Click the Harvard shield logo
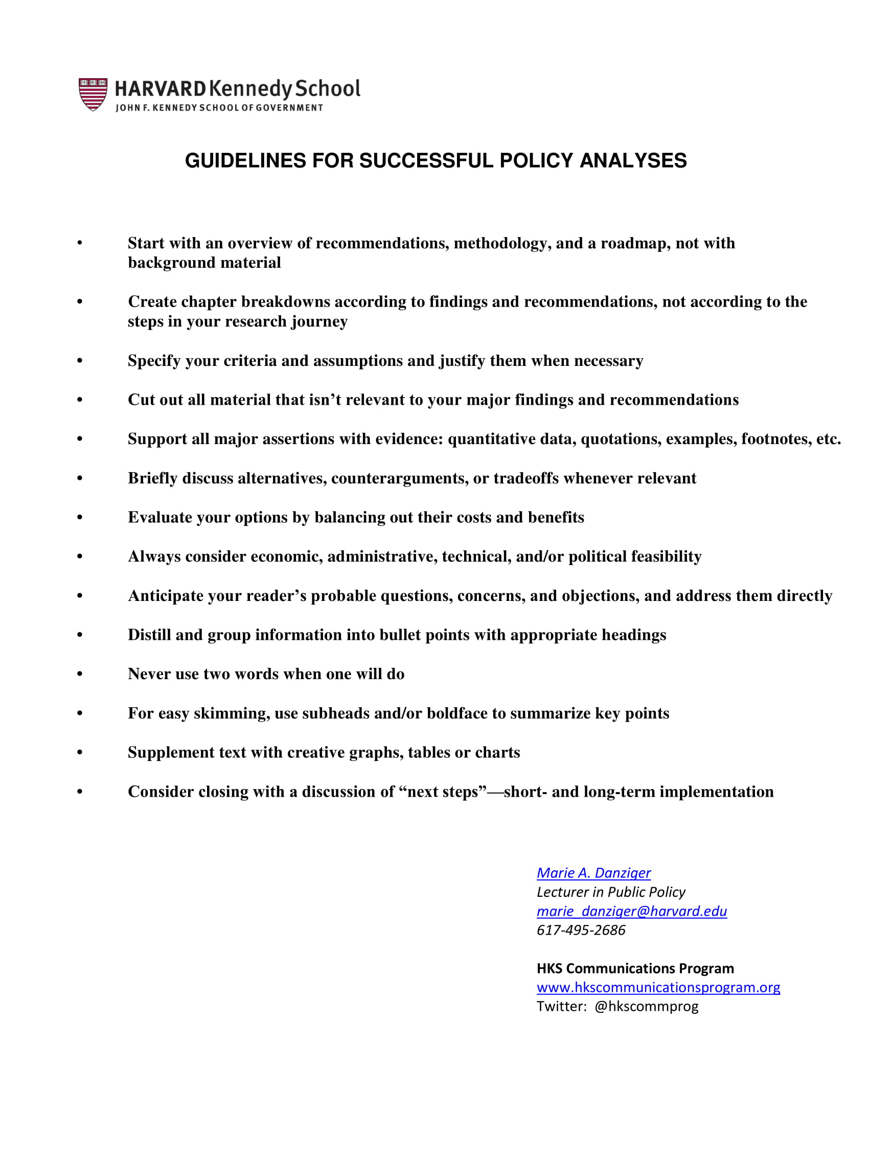(93, 95)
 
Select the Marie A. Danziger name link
(593, 873)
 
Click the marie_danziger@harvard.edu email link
(631, 911)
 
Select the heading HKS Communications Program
(634, 968)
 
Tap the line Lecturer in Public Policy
(610, 892)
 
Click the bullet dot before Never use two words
(80, 674)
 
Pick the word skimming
(232, 714)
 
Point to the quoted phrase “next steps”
(443, 792)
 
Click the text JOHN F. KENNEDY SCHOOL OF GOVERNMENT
(219, 107)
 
